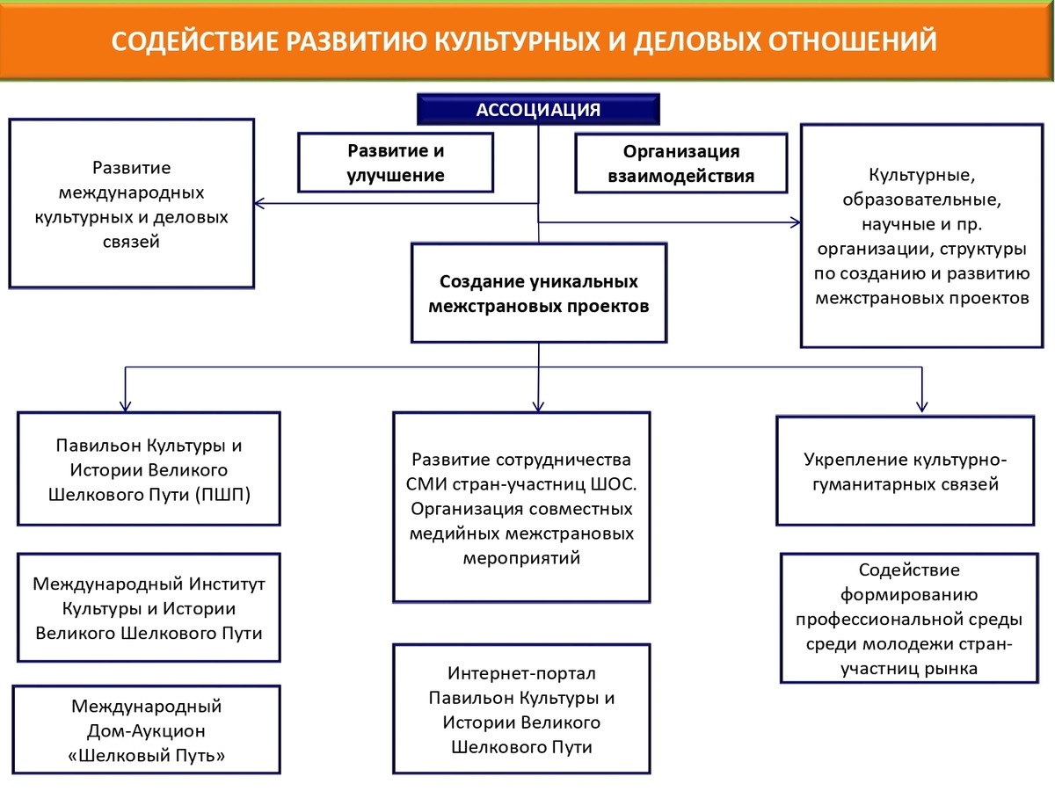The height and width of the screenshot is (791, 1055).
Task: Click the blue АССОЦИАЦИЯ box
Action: tap(537, 110)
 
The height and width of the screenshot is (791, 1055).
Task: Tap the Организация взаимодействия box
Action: tap(680, 163)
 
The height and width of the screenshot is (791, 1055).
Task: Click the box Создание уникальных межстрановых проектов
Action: tap(538, 294)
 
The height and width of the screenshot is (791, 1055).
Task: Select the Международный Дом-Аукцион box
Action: tap(147, 729)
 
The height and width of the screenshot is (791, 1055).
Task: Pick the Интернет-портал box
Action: tap(521, 709)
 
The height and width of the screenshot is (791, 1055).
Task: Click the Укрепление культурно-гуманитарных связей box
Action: tap(905, 471)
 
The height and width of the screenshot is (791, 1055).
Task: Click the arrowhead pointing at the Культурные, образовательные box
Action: tap(797, 222)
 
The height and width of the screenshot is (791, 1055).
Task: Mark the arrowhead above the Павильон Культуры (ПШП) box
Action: tap(126, 405)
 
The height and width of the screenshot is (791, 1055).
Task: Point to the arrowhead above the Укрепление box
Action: tap(921, 405)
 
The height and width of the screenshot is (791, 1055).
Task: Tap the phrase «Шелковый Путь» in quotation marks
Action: tap(147, 754)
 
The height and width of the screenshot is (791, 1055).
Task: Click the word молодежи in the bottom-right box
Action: tap(920, 643)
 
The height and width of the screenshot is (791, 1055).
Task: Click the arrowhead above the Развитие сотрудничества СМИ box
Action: tap(538, 405)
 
